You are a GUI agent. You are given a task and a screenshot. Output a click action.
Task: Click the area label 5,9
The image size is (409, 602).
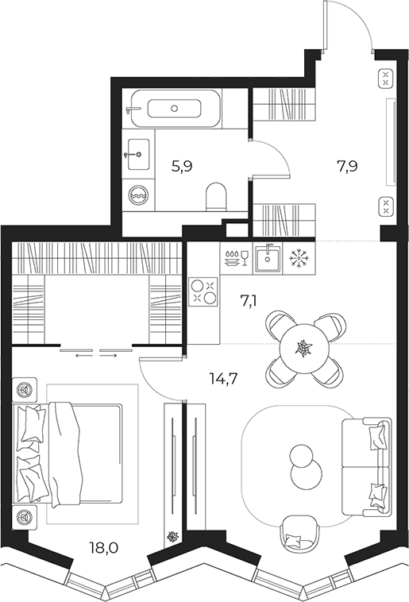pyautogui.click(x=182, y=167)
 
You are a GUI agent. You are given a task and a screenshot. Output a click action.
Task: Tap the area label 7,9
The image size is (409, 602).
pyautogui.click(x=347, y=167)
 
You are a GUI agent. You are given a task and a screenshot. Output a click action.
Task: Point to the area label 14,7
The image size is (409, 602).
pyautogui.click(x=224, y=379)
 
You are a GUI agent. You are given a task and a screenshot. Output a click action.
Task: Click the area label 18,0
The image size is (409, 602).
pyautogui.click(x=104, y=547)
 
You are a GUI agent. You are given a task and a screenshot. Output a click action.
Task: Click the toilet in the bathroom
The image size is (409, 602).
pyautogui.click(x=217, y=197)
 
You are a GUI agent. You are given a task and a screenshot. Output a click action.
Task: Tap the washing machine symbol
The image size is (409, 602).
pyautogui.click(x=139, y=195)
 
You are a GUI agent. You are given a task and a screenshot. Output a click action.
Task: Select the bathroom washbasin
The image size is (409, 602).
pyautogui.click(x=138, y=154)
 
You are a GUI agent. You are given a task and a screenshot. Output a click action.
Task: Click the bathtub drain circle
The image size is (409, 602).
pyautogui.click(x=175, y=109)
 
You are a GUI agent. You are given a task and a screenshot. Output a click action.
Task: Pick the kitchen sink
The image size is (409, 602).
pyautogui.click(x=267, y=258)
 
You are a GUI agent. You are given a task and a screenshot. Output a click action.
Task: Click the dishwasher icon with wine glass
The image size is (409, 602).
pyautogui.click(x=236, y=257)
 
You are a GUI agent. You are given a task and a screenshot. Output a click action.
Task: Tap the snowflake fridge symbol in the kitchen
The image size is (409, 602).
pyautogui.click(x=298, y=258)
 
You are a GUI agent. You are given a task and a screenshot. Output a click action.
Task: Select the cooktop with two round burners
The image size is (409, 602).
pyautogui.click(x=204, y=291)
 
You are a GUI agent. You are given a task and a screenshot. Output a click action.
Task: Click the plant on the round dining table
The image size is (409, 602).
pyautogui.click(x=304, y=348)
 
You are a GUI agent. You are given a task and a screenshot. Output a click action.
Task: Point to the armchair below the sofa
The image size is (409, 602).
pyautogui.click(x=299, y=531)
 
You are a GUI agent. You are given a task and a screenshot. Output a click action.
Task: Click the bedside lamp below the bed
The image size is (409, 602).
pyautogui.click(x=25, y=517)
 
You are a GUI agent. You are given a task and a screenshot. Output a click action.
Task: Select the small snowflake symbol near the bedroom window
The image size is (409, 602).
pyautogui.click(x=172, y=536)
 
